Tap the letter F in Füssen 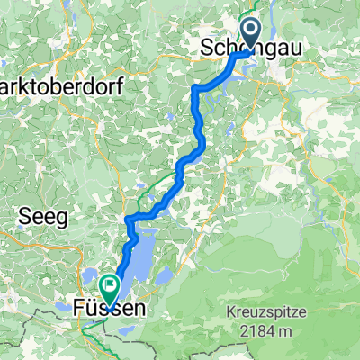(78, 309)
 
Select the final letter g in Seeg (59, 215)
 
